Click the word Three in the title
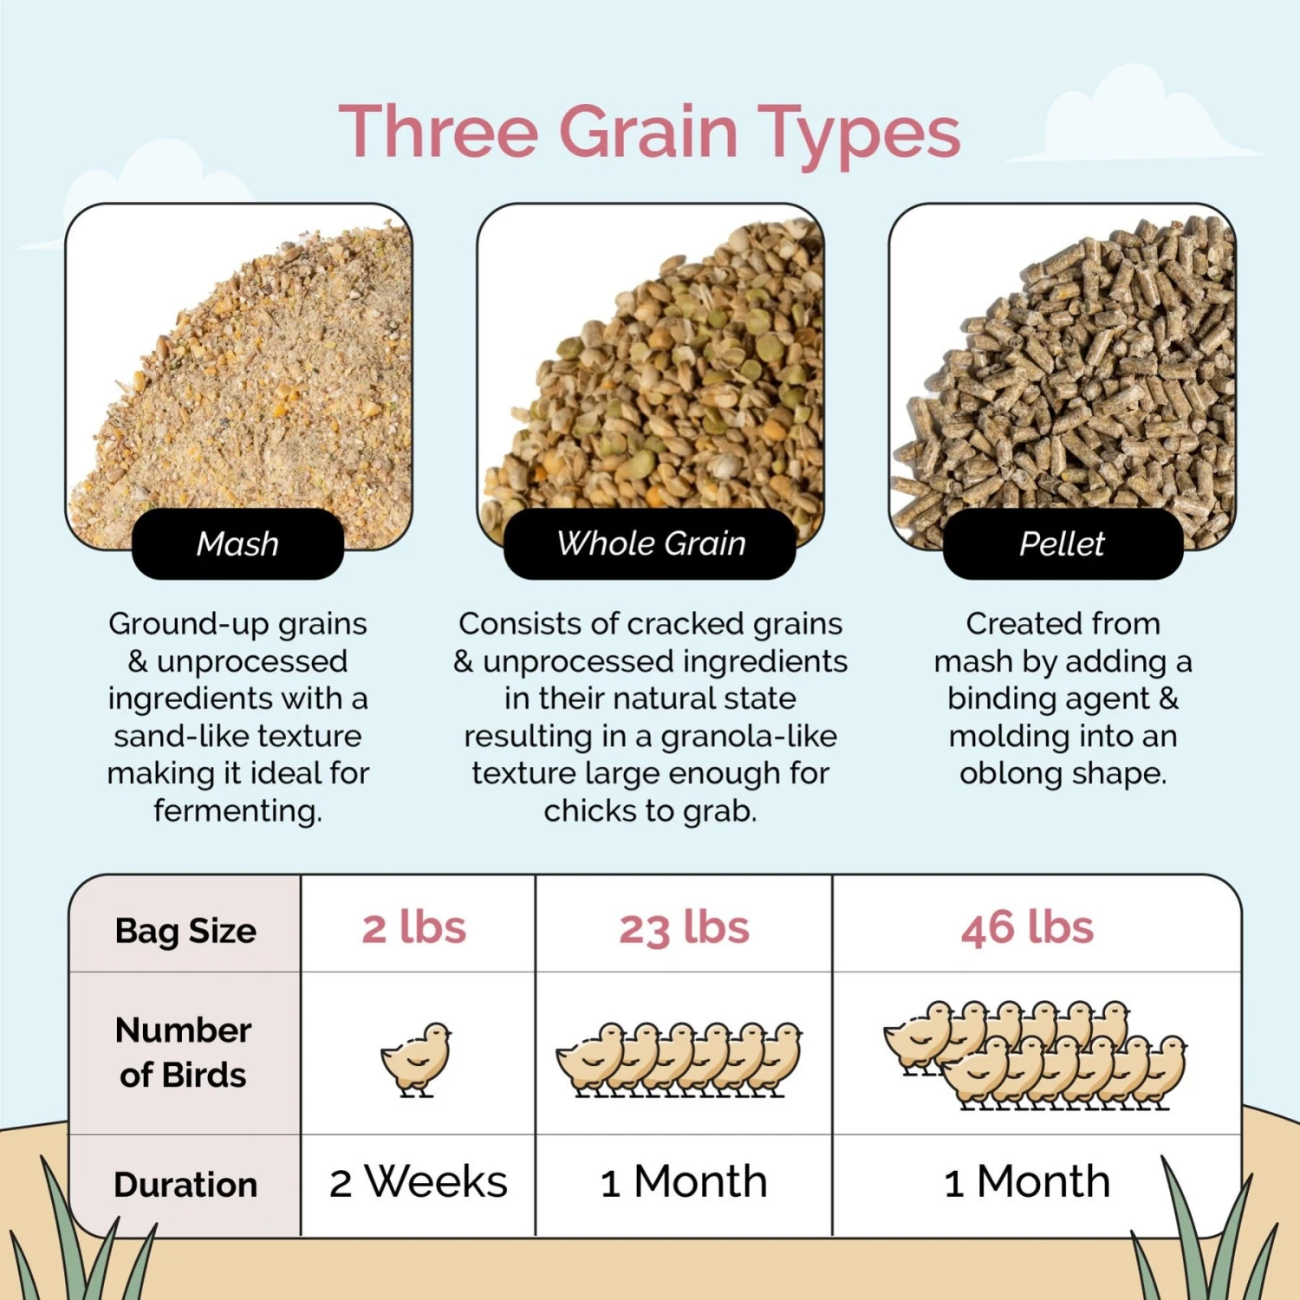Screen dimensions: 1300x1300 (x=438, y=132)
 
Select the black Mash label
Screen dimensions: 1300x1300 (x=237, y=544)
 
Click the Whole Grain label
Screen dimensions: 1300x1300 (x=650, y=544)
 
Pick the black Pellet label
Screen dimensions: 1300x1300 (x=1062, y=544)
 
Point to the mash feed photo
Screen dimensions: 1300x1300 (x=251, y=373)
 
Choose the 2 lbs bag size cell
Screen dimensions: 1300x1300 (x=414, y=928)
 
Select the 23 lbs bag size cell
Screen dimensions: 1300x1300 (x=684, y=928)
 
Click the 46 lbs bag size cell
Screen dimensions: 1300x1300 (x=1027, y=928)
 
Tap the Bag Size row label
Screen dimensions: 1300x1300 (x=185, y=931)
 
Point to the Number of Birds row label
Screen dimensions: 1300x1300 (x=184, y=1052)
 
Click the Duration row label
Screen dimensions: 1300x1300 (x=185, y=1185)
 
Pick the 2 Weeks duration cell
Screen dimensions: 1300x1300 (x=418, y=1182)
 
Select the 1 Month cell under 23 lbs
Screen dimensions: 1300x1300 (x=684, y=1182)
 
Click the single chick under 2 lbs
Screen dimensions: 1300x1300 (x=417, y=1058)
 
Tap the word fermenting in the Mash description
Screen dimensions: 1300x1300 (x=237, y=811)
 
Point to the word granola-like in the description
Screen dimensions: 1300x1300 (x=749, y=737)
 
